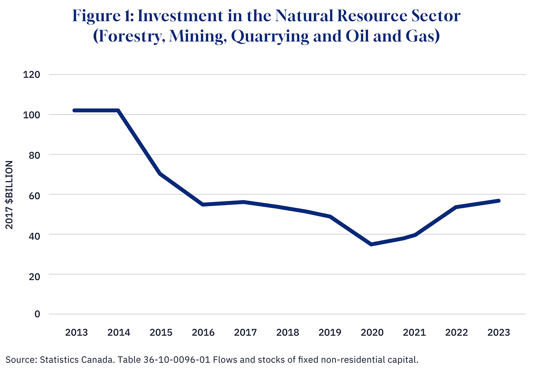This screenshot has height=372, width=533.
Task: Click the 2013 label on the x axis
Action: click(x=77, y=333)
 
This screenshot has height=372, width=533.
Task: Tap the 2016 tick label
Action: click(x=203, y=333)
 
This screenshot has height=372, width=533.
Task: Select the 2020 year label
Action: click(x=372, y=333)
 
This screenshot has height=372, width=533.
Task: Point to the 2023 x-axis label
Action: click(x=498, y=333)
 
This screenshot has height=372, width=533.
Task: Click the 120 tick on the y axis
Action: click(x=32, y=75)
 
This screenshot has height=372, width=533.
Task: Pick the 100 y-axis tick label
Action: click(x=32, y=115)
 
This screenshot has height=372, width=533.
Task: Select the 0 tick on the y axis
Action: click(x=37, y=314)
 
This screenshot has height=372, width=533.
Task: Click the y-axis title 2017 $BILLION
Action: click(x=10, y=195)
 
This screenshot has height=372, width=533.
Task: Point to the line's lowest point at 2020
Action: click(x=371, y=244)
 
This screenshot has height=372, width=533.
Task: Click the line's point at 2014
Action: click(x=118, y=111)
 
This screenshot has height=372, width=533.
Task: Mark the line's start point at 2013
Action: click(x=75, y=111)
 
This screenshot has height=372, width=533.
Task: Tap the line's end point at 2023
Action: click(x=498, y=200)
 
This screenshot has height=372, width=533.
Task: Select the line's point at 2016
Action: click(x=203, y=205)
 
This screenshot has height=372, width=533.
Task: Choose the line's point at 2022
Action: click(x=456, y=207)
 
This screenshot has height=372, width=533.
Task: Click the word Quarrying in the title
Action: click(x=270, y=36)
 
